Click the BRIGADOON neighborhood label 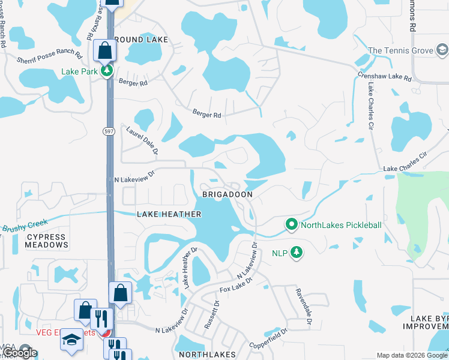click(x=227, y=195)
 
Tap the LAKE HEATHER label click(x=169, y=214)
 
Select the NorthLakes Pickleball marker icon click(x=292, y=225)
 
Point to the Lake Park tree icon click(x=107, y=71)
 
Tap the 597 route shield click(x=108, y=131)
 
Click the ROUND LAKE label click(x=139, y=40)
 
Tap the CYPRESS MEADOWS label click(x=47, y=241)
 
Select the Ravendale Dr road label click(x=302, y=307)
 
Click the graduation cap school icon click(x=71, y=340)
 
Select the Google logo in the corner click(x=20, y=353)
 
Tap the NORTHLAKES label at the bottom click(x=207, y=355)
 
